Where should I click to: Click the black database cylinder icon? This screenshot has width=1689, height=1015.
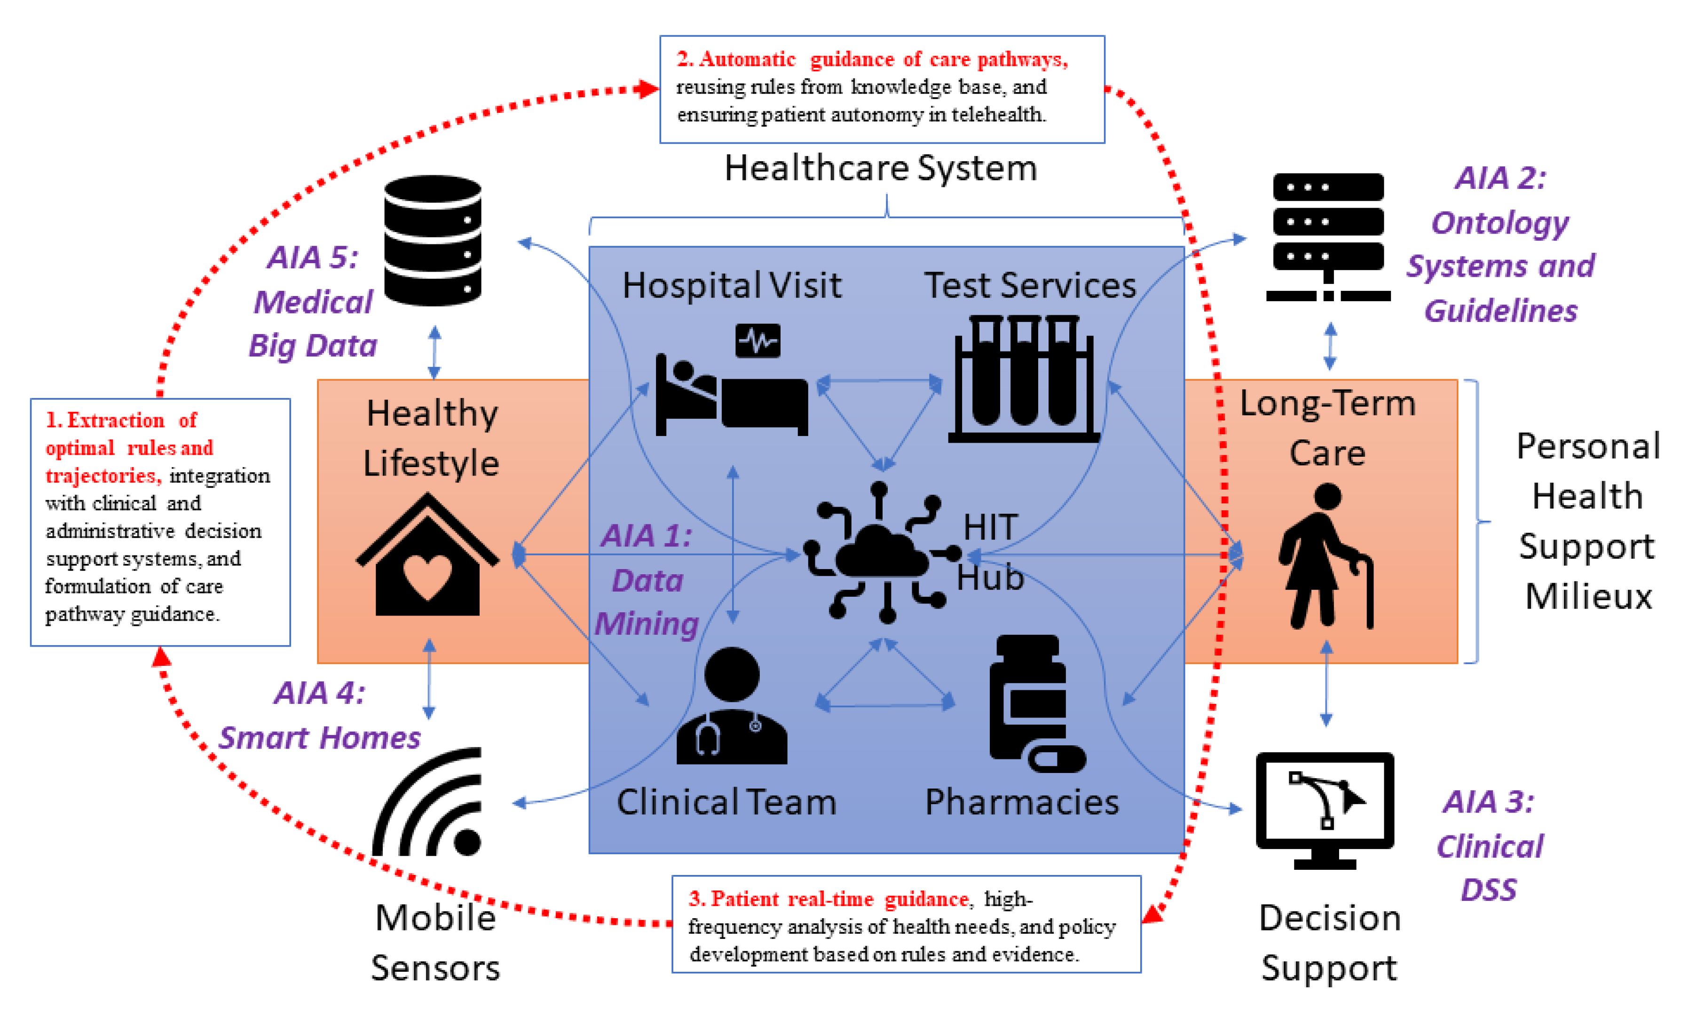(433, 240)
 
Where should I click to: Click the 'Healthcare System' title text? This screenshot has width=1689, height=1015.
(880, 168)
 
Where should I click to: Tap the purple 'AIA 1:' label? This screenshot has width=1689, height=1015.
(646, 536)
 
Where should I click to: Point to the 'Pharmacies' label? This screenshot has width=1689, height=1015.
(1021, 802)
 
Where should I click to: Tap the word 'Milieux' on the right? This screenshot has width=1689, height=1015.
(1588, 596)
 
